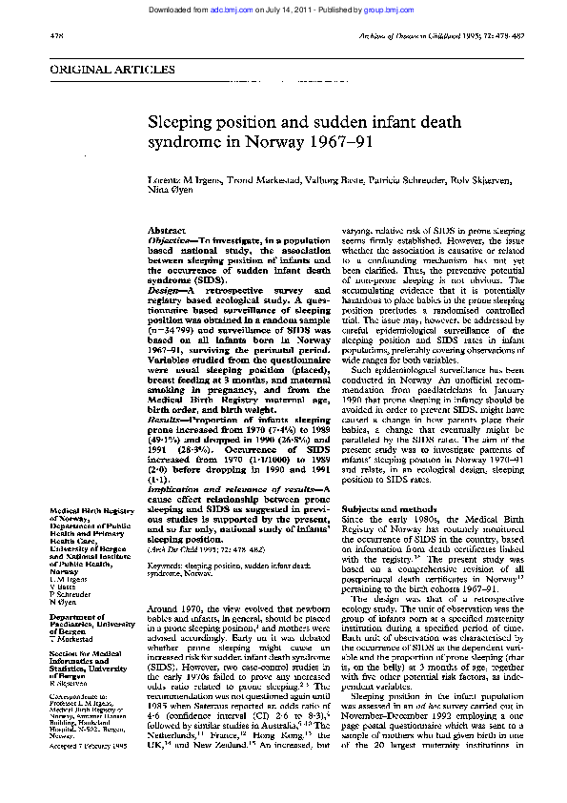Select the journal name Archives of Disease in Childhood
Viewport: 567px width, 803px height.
[433, 35]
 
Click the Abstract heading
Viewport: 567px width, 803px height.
[166, 232]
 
